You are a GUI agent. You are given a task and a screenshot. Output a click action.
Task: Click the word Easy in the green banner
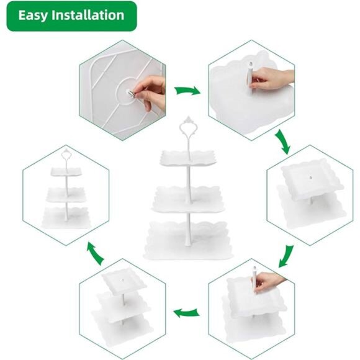pos(33,16)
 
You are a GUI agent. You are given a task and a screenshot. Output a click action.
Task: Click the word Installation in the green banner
pos(88,15)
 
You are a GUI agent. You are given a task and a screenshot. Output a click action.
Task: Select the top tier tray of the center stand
pos(188,158)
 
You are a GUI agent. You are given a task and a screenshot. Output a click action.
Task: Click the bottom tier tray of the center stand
pos(188,241)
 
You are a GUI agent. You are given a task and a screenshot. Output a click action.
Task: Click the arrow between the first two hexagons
pos(187,91)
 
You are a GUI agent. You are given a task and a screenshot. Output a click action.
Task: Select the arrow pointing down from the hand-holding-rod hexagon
pos(282,142)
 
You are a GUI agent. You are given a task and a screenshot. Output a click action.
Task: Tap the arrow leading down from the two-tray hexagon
pos(286,256)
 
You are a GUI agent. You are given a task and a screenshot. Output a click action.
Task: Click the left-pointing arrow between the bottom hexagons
pos(186,313)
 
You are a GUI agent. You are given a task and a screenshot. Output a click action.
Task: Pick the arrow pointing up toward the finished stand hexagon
pos(96,254)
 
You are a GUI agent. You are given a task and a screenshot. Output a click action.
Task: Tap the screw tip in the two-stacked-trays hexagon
pos(310,178)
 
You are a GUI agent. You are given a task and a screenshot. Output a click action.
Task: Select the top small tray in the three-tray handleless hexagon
pos(124,281)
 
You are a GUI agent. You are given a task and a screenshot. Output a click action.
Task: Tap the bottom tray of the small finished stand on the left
pos(66,218)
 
